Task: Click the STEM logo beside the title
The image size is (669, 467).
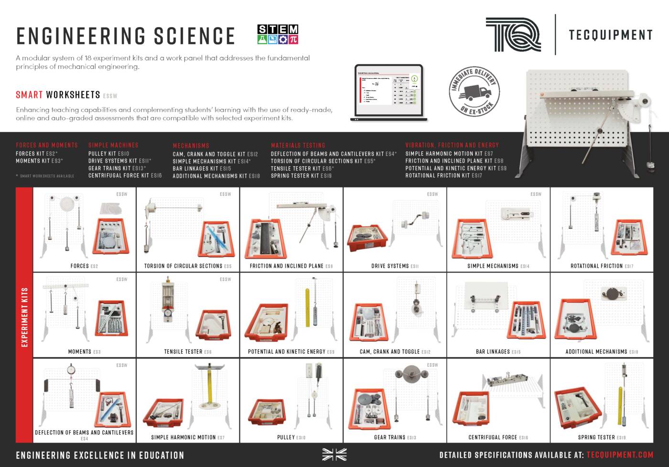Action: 278,34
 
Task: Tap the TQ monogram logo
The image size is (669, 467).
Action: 513,34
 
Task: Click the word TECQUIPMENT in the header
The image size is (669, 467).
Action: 610,35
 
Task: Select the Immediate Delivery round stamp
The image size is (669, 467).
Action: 474,91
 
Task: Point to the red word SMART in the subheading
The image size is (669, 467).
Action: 29,95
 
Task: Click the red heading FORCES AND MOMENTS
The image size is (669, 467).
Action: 47,145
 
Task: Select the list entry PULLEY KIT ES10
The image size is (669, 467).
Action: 108,154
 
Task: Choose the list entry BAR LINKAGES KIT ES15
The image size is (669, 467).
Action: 202,168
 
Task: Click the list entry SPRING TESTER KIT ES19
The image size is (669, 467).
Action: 301,176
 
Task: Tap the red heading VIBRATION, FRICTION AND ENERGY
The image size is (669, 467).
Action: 452,145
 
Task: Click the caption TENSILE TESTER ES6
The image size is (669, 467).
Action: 187,352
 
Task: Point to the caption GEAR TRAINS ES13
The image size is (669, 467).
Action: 395,437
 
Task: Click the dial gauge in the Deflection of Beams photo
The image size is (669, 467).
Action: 72,370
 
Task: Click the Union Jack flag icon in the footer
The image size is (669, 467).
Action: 334,455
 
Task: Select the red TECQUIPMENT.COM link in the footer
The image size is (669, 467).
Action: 619,455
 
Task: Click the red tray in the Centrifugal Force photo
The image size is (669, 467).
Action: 471,409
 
